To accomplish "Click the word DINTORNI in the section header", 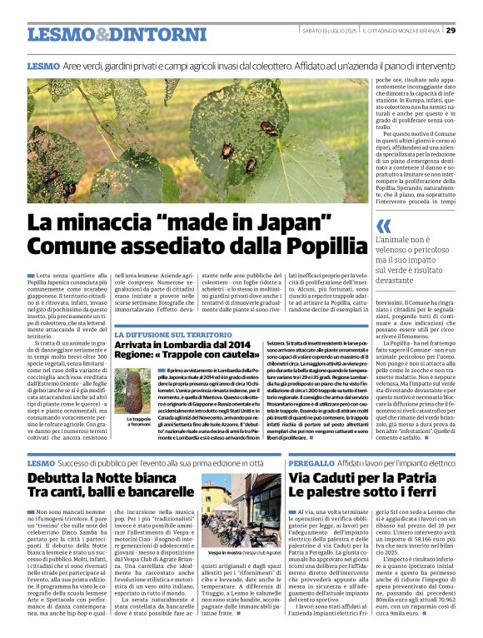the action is [x=146, y=34].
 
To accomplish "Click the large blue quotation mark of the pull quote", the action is [x=383, y=226].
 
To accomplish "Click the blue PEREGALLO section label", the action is [x=311, y=462].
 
